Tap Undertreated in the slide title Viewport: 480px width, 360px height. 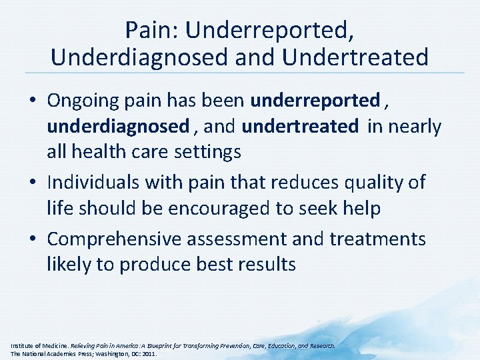coord(355,57)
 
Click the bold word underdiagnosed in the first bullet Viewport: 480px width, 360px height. coord(118,126)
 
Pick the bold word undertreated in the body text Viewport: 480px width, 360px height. coord(299,126)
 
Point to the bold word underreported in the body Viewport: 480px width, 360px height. coord(315,101)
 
